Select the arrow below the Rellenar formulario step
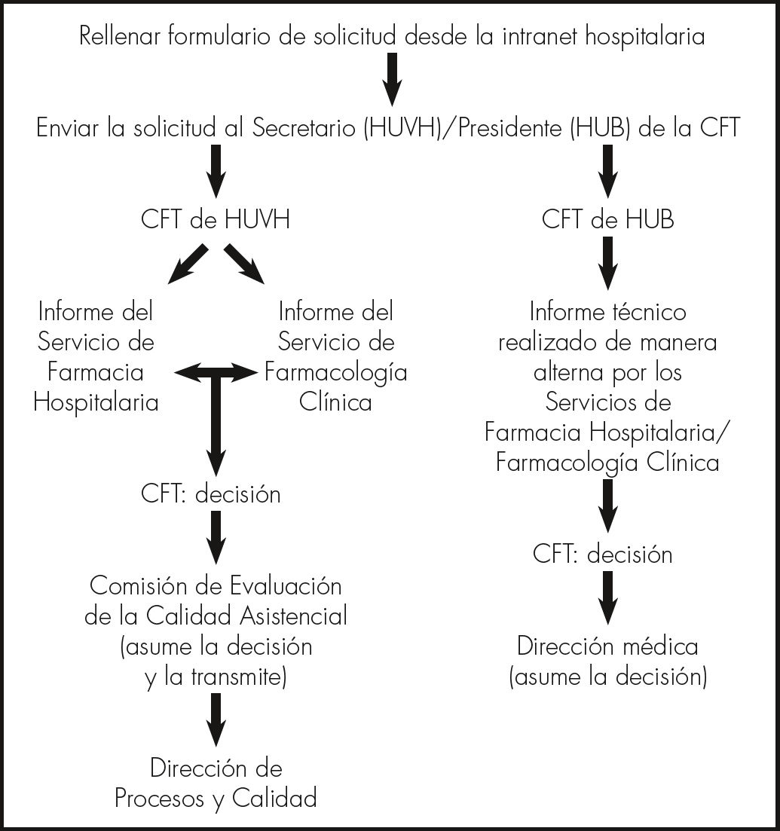point(392,80)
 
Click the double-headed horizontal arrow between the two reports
point(216,370)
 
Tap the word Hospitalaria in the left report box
point(96,402)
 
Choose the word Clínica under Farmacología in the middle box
point(335,402)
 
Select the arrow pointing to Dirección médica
point(607,595)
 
